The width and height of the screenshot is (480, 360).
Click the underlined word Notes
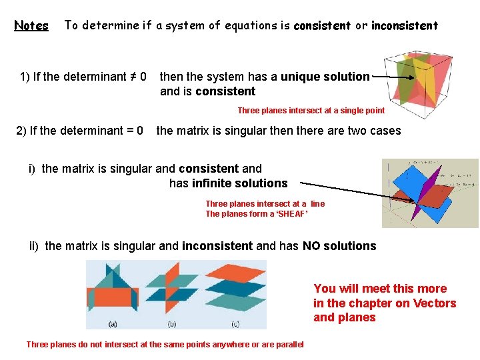pos(31,26)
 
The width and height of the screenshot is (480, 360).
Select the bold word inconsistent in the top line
pos(404,26)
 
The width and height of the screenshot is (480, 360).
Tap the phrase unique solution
pos(325,77)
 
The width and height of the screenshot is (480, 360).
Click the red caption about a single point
pos(311,111)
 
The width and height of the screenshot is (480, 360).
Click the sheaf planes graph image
pos(429,193)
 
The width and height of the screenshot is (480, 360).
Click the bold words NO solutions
pos(339,246)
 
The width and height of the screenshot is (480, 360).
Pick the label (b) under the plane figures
pos(172,324)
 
